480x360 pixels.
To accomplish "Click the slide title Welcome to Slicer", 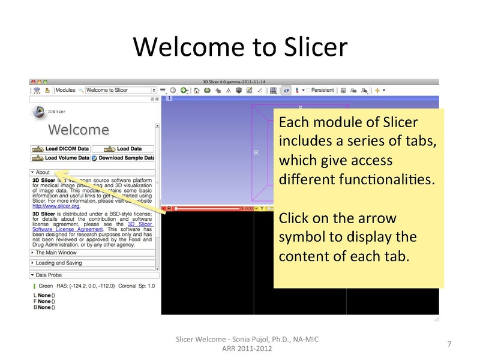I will tap(239, 45).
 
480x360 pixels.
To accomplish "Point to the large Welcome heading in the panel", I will tap(79, 130).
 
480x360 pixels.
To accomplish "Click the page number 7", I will tap(450, 344).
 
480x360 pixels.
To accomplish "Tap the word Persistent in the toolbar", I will tap(322, 90).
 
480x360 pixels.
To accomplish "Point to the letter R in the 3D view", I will tap(256, 153).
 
